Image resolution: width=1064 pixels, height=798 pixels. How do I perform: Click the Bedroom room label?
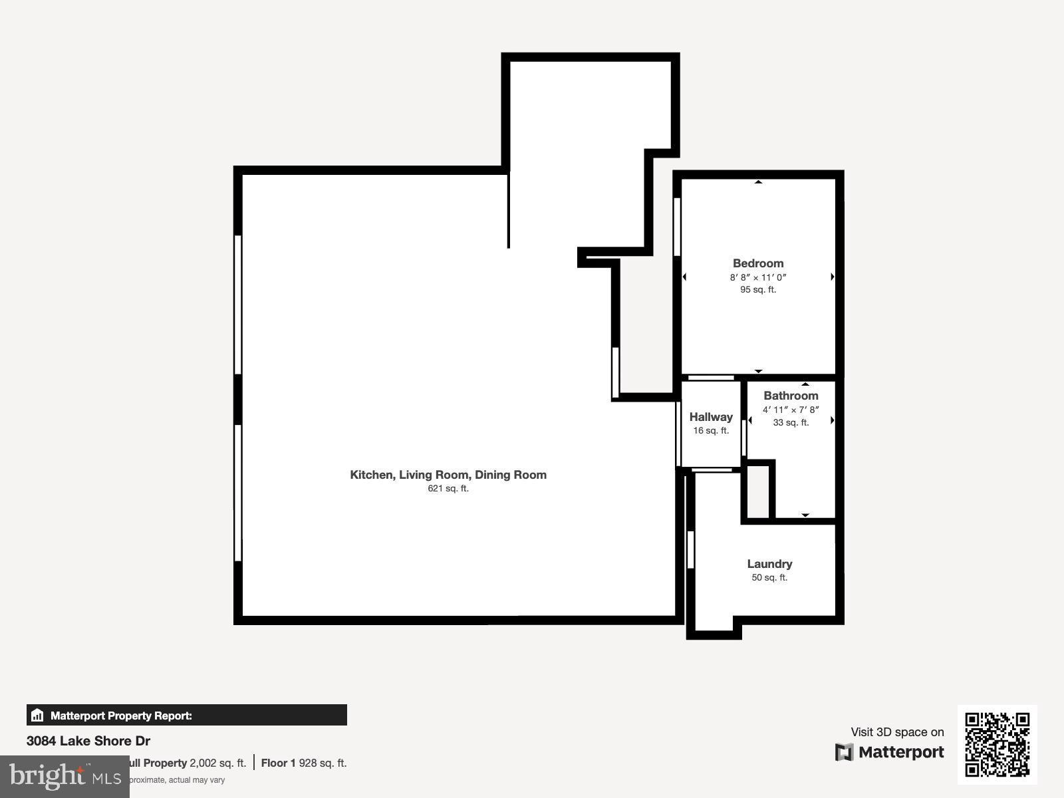point(758,263)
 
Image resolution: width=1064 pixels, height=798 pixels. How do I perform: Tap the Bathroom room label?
point(791,396)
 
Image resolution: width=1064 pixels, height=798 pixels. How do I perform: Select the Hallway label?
point(711,417)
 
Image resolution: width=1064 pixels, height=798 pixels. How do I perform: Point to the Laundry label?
point(769,564)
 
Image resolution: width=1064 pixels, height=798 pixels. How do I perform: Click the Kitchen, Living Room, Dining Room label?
point(448,475)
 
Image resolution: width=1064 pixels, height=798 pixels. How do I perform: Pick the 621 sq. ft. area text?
point(448,489)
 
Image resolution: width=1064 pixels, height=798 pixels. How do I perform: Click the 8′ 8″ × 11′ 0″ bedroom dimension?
point(758,277)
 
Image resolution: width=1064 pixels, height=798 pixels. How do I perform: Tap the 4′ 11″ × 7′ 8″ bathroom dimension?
point(791,410)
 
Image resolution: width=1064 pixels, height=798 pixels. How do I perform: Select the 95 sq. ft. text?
point(758,290)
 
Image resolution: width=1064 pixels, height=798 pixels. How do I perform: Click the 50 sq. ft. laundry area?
point(769,578)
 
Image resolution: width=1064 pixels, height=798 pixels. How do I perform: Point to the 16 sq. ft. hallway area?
point(711,431)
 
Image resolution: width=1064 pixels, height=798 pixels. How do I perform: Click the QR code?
point(997,744)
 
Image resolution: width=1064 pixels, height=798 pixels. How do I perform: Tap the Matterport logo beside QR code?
point(890,752)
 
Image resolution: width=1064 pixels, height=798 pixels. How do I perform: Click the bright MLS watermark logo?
point(65,776)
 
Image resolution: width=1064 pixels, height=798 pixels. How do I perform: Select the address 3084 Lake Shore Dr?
point(88,741)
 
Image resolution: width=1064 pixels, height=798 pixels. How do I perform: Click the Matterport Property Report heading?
point(121,716)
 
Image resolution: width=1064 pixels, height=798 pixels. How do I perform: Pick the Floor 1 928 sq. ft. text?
point(304,763)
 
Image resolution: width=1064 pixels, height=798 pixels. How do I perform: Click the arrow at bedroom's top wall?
point(758,182)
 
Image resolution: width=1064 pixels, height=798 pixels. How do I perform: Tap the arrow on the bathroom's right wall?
point(832,420)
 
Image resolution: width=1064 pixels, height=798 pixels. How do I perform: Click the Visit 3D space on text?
point(897,732)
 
